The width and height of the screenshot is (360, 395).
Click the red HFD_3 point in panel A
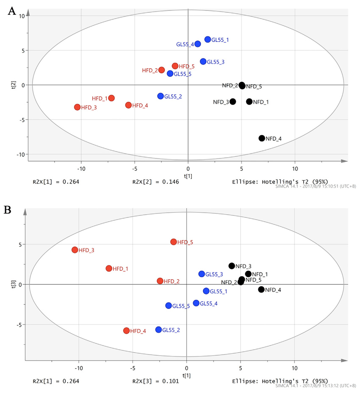click(x=77, y=107)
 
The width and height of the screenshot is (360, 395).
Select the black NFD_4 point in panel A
click(x=262, y=138)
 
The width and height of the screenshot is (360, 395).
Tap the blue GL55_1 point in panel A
click(x=208, y=39)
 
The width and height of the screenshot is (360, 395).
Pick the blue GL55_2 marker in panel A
click(x=161, y=96)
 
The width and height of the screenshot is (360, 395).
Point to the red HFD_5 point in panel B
click(x=173, y=242)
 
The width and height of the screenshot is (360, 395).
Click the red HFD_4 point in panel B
click(x=126, y=331)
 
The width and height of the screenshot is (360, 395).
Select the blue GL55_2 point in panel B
click(x=158, y=329)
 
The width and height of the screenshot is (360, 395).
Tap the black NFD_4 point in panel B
click(x=261, y=289)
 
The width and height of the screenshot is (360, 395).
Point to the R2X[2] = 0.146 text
click(x=155, y=182)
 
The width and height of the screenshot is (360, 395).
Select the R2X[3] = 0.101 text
click(x=155, y=381)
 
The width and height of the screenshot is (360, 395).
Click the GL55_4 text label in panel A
click(x=185, y=44)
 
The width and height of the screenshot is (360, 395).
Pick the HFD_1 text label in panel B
click(x=120, y=269)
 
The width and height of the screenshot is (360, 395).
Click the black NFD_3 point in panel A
click(x=233, y=102)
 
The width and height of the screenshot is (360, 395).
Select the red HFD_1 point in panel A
click(x=111, y=98)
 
